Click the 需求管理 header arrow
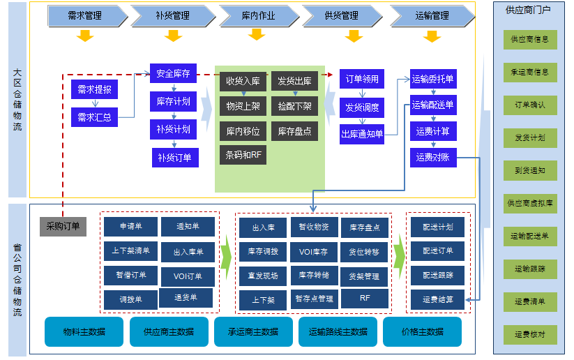85,15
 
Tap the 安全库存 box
173,73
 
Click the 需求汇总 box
94,117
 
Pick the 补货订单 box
175,157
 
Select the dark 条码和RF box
243,155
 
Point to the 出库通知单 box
362,134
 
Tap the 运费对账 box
432,157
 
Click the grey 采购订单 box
63,226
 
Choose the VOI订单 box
188,276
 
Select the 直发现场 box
262,276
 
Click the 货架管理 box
364,276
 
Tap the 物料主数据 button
84,331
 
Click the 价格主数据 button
422,331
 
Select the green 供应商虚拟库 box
529,204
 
